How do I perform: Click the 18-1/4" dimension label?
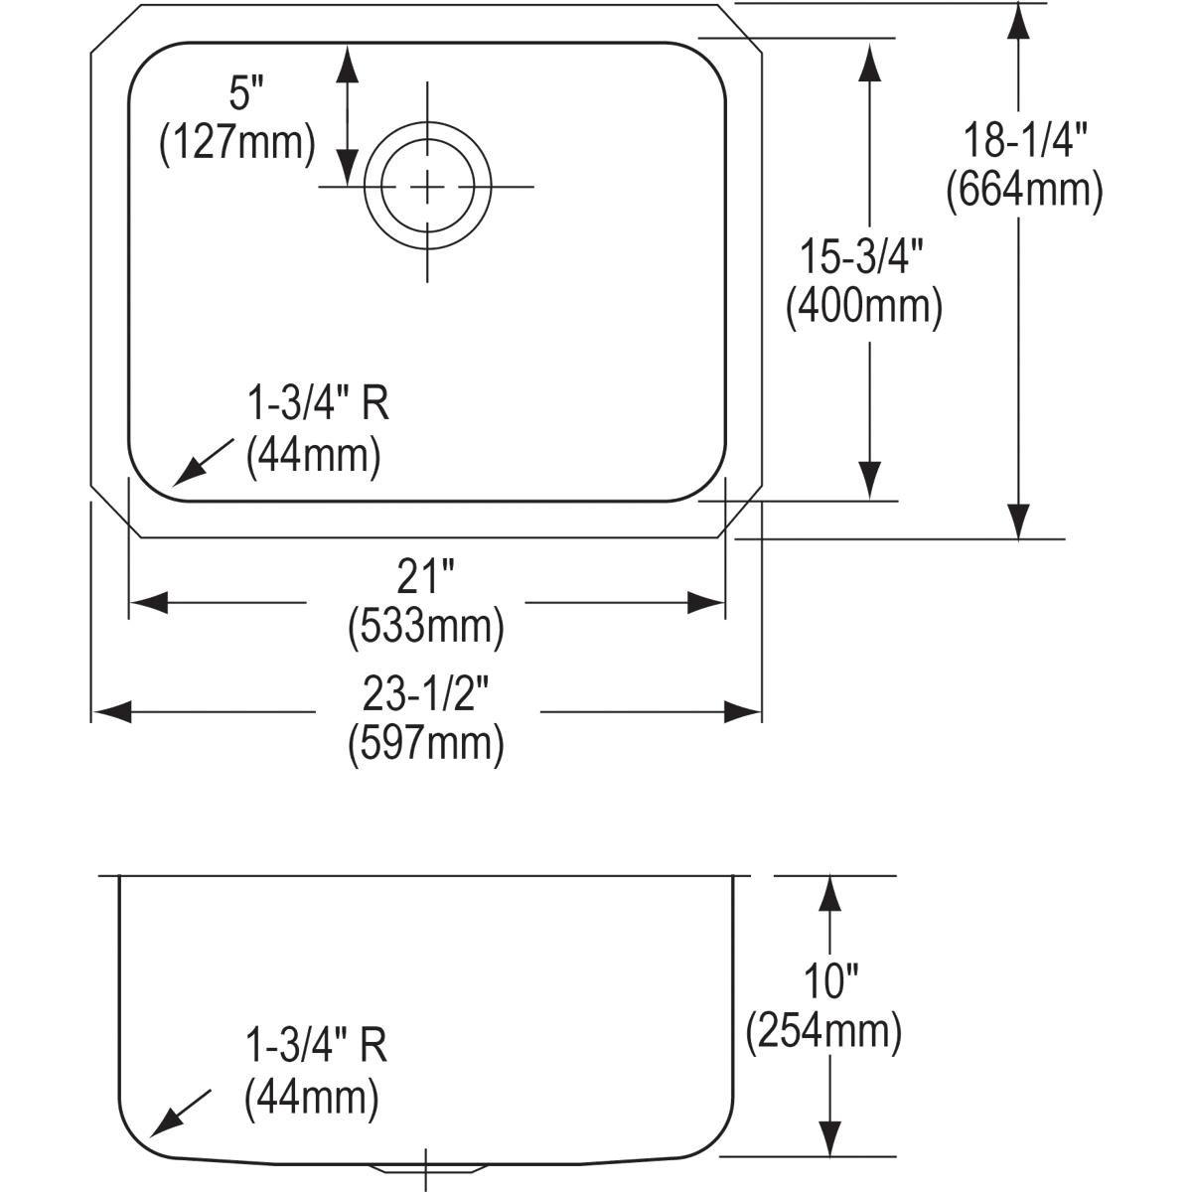(x=1024, y=140)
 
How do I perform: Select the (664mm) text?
(x=1024, y=191)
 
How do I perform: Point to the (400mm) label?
(x=863, y=307)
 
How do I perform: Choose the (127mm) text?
(x=237, y=144)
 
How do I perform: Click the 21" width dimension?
(x=425, y=575)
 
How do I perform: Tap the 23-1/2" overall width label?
(x=426, y=694)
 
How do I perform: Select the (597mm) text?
(x=426, y=745)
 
